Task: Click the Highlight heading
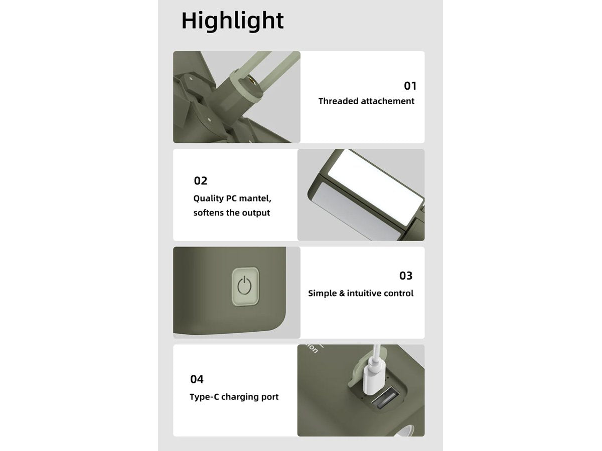[x=232, y=21]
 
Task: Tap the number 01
[x=410, y=86]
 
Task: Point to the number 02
[x=201, y=181]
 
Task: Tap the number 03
[x=406, y=276]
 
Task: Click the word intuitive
[x=364, y=293]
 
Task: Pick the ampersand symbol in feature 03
[x=342, y=293]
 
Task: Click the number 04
[x=197, y=379]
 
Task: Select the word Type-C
[x=204, y=397]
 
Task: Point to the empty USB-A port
[x=385, y=397]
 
